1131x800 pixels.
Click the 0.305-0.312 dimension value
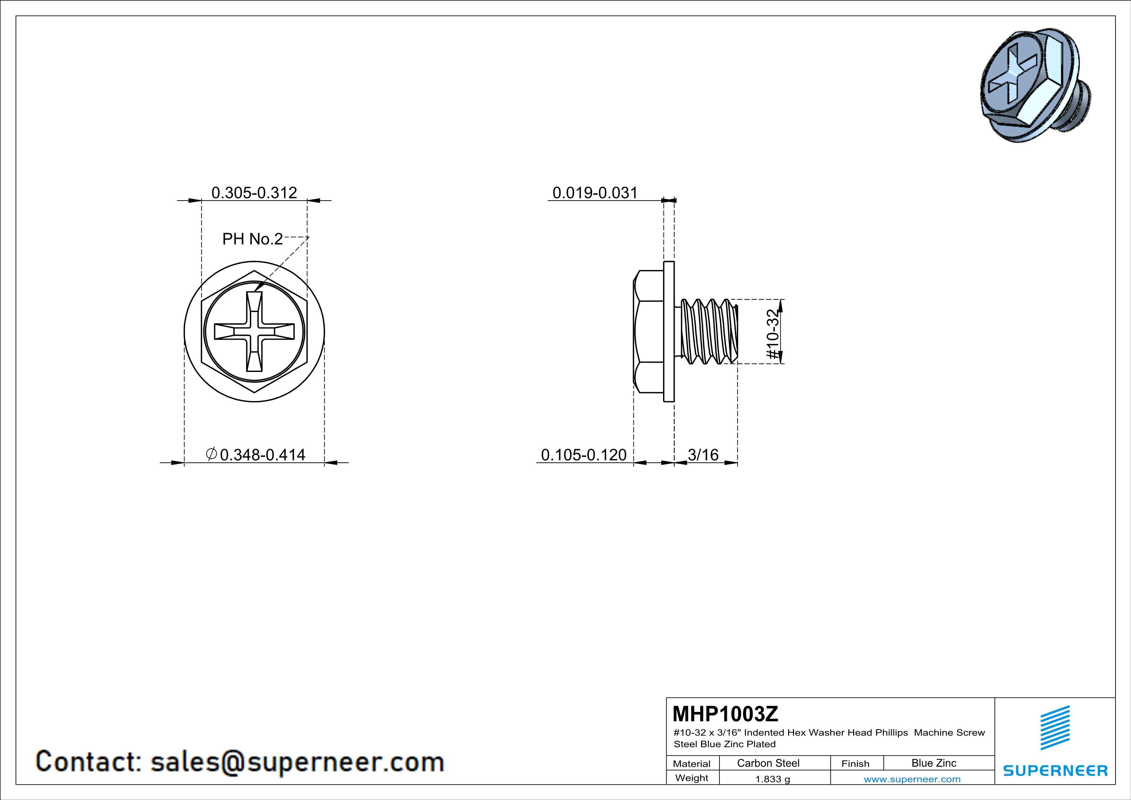254,193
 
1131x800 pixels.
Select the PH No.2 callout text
252,239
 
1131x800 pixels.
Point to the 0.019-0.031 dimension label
595,193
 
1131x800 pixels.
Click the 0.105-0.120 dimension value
584,455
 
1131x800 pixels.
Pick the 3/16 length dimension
703,455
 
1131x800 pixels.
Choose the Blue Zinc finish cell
934,763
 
